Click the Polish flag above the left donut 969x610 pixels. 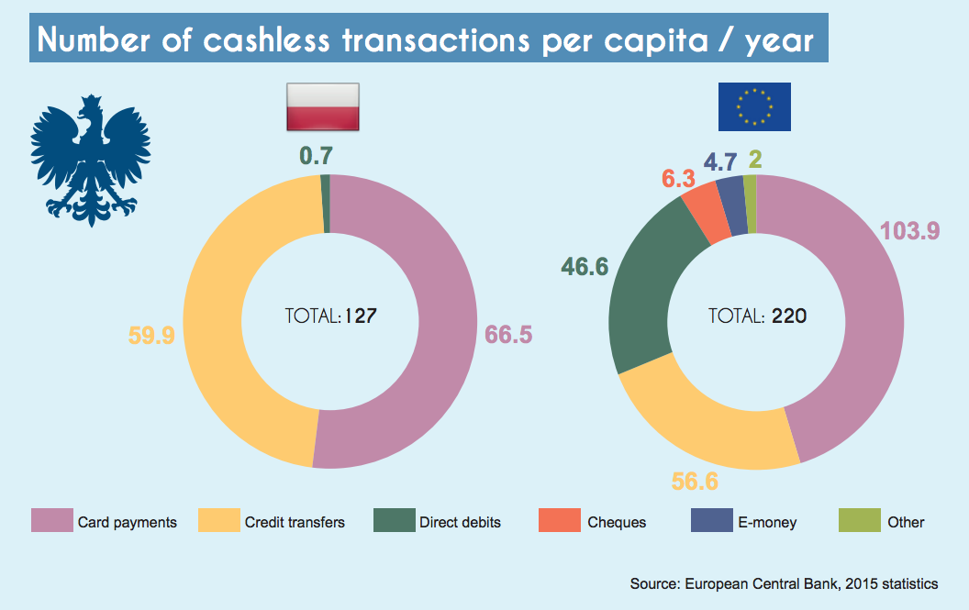click(322, 105)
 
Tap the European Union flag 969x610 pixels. click(753, 105)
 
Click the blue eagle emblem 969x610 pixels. click(90, 160)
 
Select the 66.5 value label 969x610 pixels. click(508, 335)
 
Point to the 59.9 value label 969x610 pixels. click(151, 336)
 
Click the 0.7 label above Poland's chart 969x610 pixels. click(316, 157)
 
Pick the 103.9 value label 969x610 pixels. click(910, 231)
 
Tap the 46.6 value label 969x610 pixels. click(585, 267)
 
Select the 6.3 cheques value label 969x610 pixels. click(678, 179)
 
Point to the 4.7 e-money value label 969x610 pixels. click(720, 162)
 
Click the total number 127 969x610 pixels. click(362, 316)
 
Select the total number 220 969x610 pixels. click(789, 316)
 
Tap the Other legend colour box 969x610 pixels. click(859, 520)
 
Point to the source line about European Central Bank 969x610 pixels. click(784, 583)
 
